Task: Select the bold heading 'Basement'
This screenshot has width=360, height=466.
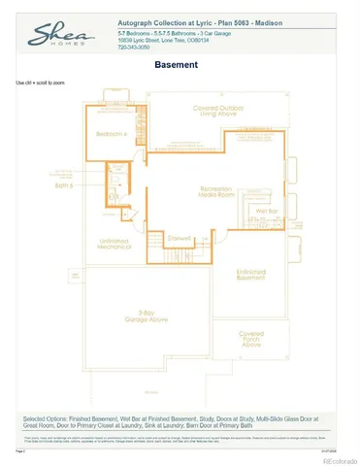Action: [x=177, y=65]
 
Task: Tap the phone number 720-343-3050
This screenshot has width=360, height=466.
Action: [x=135, y=47]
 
